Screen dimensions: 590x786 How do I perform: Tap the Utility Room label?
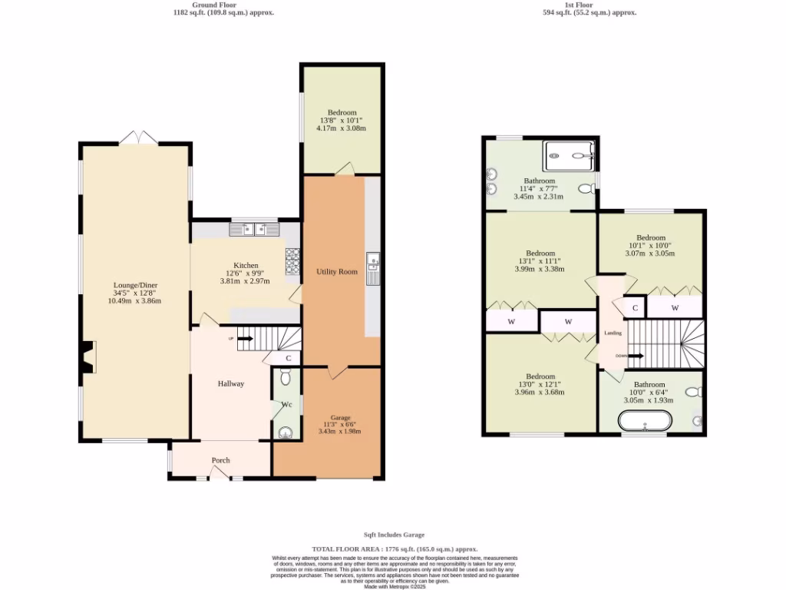[x=337, y=272]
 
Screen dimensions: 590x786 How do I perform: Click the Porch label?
[x=220, y=460]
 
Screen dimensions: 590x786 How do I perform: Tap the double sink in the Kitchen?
[x=253, y=228]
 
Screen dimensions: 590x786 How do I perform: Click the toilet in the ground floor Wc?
[x=285, y=376]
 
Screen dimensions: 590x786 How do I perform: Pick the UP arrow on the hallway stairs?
[x=246, y=338]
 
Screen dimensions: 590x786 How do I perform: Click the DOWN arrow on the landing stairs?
[x=635, y=356]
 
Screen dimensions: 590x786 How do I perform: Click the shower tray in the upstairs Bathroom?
[x=569, y=156]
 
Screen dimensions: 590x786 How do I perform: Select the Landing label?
[x=613, y=333]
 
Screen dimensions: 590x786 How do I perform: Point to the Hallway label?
[x=230, y=383]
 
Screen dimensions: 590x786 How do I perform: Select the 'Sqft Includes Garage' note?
[x=394, y=535]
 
